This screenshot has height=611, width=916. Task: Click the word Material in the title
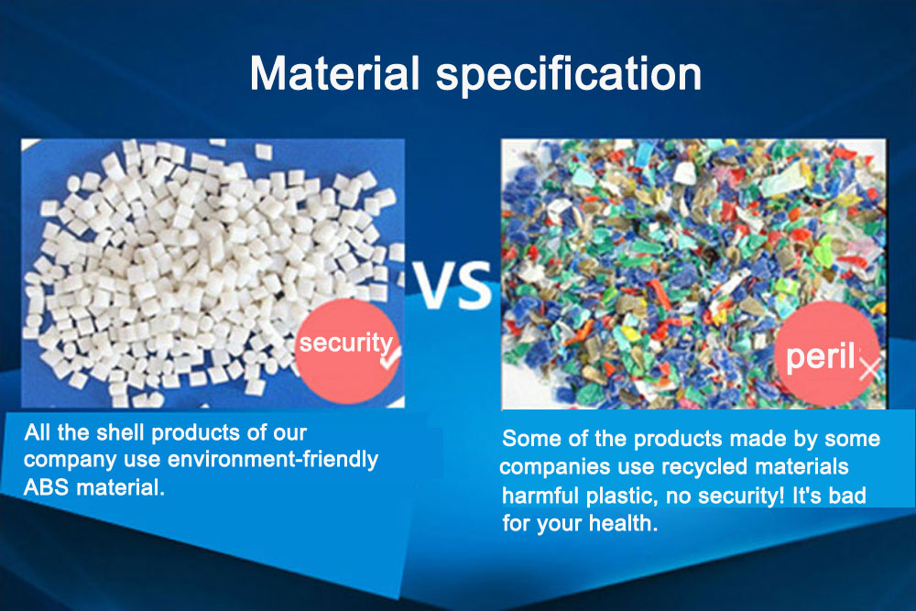[x=334, y=73]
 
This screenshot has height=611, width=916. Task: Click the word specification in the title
[x=569, y=75]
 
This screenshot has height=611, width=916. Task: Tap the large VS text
[x=453, y=285]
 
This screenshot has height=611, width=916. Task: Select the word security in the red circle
[x=345, y=344]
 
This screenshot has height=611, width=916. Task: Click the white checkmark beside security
[x=390, y=357]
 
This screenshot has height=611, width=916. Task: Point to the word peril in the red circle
[x=820, y=355]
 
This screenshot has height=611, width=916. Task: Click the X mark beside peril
[x=869, y=369]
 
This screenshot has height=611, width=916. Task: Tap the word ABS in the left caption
[x=46, y=487]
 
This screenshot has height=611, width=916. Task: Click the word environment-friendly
[x=273, y=459]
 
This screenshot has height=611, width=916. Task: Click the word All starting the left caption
[x=38, y=432]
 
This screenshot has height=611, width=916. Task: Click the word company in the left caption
[x=70, y=460]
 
